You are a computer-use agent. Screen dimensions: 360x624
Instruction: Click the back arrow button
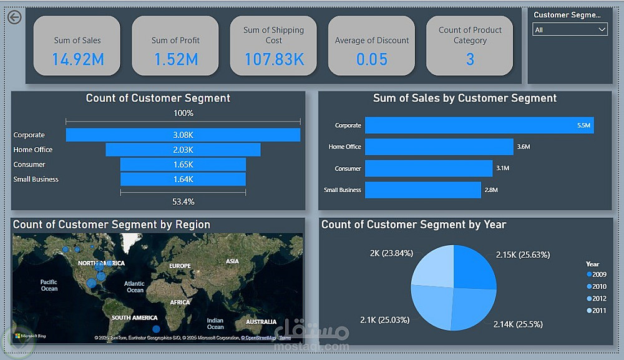pyautogui.click(x=14, y=17)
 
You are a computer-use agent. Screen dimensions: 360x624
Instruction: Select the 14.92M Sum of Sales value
pyautogui.click(x=77, y=59)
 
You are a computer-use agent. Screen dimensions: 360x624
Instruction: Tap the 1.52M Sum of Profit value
pyautogui.click(x=175, y=59)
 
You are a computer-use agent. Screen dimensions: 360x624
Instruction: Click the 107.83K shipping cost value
pyautogui.click(x=274, y=59)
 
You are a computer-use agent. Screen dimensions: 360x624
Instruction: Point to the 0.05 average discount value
pyautogui.click(x=372, y=59)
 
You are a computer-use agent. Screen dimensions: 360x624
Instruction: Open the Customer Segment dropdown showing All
pyautogui.click(x=570, y=29)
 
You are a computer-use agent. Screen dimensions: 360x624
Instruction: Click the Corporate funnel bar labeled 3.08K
pyautogui.click(x=183, y=135)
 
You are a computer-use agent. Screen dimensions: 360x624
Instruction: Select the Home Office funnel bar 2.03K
pyautogui.click(x=183, y=150)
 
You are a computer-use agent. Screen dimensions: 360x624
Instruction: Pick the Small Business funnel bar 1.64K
pyautogui.click(x=183, y=180)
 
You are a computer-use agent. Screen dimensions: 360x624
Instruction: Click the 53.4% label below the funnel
pyautogui.click(x=183, y=202)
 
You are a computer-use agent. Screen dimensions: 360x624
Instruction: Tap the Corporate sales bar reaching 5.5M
pyautogui.click(x=479, y=125)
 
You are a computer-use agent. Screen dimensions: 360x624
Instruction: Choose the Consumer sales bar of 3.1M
pyautogui.click(x=428, y=168)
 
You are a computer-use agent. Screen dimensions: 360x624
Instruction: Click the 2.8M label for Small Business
pyautogui.click(x=492, y=190)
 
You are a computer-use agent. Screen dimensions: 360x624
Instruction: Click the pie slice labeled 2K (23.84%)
pyautogui.click(x=432, y=266)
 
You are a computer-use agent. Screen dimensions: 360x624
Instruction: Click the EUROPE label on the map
pyautogui.click(x=180, y=266)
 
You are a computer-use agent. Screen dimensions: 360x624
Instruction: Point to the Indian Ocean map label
pyautogui.click(x=215, y=324)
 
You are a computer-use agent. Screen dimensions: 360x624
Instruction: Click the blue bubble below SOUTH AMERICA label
pyautogui.click(x=156, y=329)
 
